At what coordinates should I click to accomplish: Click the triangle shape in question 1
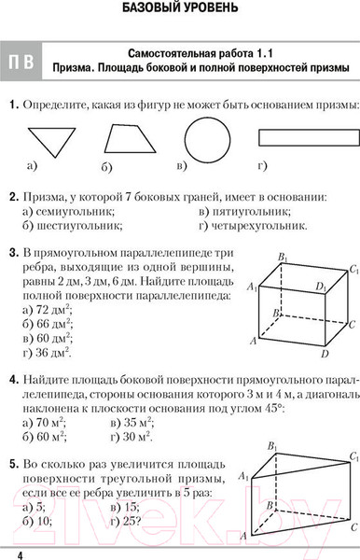pyautogui.click(x=50, y=140)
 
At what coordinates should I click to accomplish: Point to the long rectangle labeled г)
pyautogui.click(x=301, y=138)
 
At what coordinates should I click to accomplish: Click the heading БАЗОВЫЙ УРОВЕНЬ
pyautogui.click(x=180, y=11)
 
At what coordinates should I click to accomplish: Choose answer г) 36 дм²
pyautogui.click(x=47, y=353)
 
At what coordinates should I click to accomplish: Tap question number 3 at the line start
pyautogui.click(x=10, y=252)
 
